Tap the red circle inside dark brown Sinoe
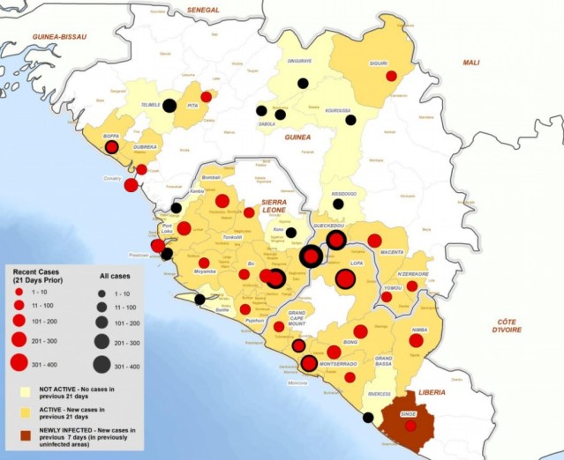tap(410, 427)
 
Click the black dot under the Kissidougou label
tap(338, 204)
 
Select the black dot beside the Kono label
tap(292, 232)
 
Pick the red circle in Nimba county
tap(416, 340)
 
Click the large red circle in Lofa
tap(344, 279)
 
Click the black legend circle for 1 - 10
tap(102, 290)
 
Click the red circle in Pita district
tap(206, 97)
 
